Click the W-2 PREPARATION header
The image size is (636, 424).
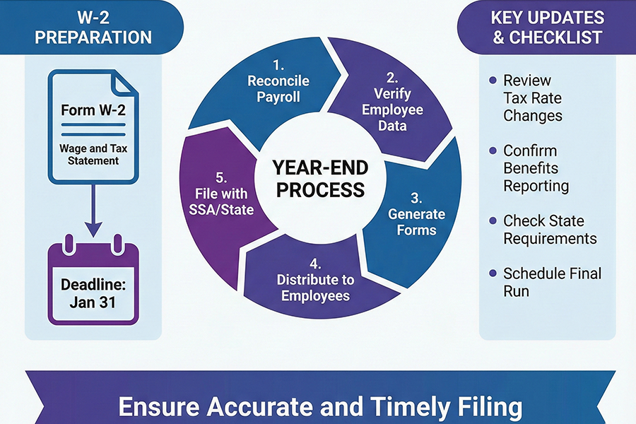[93, 27]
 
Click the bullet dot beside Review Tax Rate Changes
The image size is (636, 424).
[493, 81]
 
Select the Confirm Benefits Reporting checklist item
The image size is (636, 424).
[535, 168]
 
